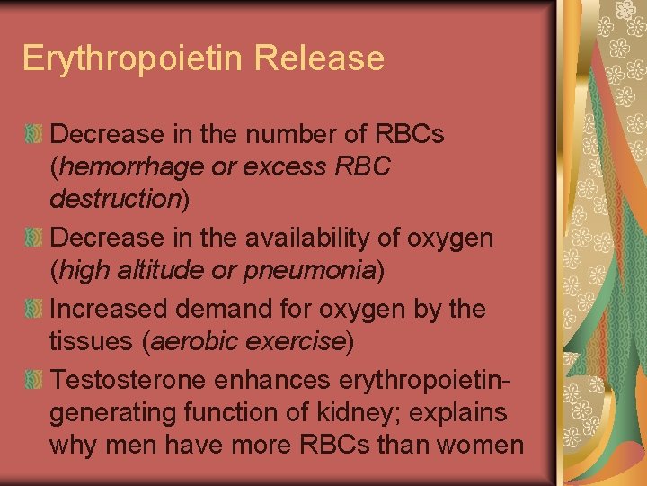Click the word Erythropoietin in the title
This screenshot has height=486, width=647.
click(x=134, y=59)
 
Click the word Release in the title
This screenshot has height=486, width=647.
click(x=319, y=59)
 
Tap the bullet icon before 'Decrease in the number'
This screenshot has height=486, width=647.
click(x=34, y=134)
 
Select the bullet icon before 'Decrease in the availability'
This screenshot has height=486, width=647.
click(x=34, y=238)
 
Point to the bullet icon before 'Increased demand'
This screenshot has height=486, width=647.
click(x=34, y=309)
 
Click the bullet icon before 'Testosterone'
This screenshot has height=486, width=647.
click(x=34, y=379)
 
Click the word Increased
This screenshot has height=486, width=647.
click(x=111, y=309)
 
